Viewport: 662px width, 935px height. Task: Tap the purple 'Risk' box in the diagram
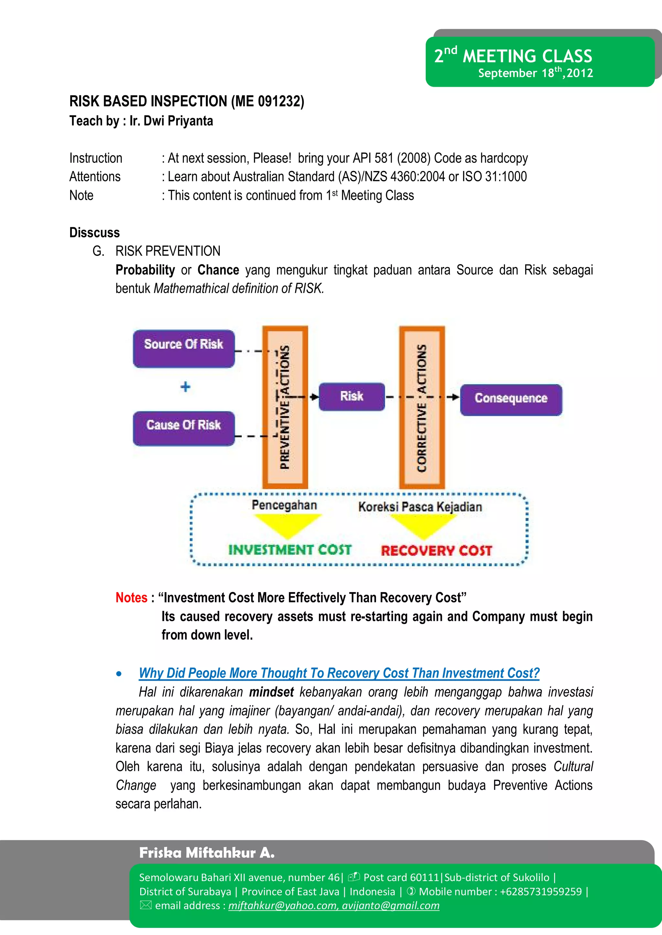coord(351,397)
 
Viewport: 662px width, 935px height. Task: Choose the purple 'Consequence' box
coord(511,399)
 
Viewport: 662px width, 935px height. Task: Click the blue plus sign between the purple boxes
coord(186,387)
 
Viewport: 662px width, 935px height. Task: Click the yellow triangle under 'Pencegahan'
coord(287,524)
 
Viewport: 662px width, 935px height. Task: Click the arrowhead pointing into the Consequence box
coord(455,397)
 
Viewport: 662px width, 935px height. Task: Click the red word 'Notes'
coord(131,598)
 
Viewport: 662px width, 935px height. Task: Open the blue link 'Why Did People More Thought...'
coord(339,673)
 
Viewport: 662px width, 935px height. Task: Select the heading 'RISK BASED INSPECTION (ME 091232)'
coord(187,101)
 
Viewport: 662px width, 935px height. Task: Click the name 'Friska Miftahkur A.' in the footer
coord(207,853)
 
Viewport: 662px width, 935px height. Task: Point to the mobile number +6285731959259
coord(540,891)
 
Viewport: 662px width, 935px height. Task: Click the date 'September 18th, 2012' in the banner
coord(535,73)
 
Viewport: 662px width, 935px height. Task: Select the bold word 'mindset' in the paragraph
coord(272,692)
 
